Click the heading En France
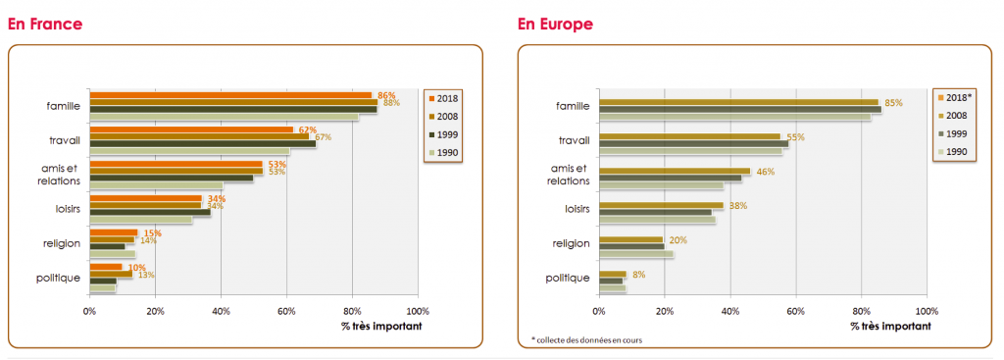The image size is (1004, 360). point(45,24)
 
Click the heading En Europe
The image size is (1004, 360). point(555,24)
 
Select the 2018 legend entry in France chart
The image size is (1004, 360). point(446,97)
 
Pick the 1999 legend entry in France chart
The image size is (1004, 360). point(446,134)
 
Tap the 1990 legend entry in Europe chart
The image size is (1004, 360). point(956,153)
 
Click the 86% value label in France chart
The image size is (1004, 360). point(386,95)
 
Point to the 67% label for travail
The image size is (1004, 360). point(324,137)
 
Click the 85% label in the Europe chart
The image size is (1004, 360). point(893,103)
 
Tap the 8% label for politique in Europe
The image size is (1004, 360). point(638,275)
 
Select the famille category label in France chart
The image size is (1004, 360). point(63,106)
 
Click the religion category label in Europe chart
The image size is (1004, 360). point(571,243)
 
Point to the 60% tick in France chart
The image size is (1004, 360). point(286,312)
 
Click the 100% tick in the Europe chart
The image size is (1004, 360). point(927,312)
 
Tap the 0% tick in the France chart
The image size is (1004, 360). point(89,312)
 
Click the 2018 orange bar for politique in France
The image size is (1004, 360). point(106,267)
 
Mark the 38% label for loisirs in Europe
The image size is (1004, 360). point(738,206)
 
